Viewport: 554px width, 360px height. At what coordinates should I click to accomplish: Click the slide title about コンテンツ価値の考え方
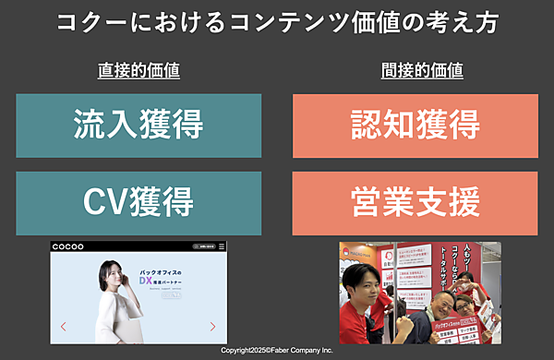(x=277, y=23)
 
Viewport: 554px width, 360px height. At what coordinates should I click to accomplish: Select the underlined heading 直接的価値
(x=138, y=70)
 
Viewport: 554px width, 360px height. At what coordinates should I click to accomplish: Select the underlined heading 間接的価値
(x=422, y=70)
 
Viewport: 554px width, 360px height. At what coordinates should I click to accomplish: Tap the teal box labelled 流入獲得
(x=138, y=125)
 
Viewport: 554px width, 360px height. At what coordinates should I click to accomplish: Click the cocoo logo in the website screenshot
(x=70, y=246)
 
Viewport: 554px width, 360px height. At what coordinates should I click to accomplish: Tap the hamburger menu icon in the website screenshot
(x=222, y=246)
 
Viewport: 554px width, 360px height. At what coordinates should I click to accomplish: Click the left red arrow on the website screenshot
(x=63, y=326)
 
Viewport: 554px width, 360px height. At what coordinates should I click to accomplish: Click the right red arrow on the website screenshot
(x=213, y=326)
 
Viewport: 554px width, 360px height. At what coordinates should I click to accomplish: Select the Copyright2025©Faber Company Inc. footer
(x=277, y=351)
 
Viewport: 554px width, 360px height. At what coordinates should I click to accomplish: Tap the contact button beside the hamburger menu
(x=207, y=246)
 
